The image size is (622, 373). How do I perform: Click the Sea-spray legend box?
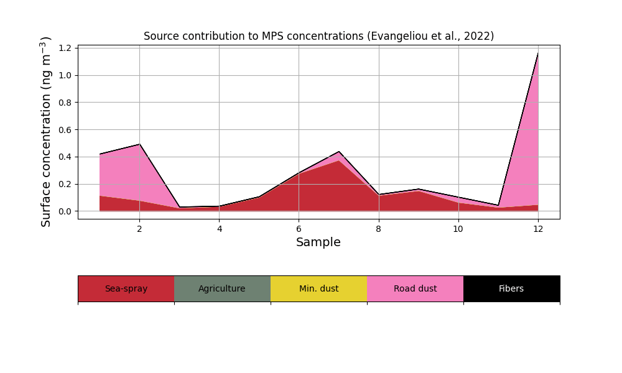pos(126,288)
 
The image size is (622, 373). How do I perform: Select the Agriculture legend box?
pos(223,288)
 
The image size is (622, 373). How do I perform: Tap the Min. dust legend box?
pos(319,288)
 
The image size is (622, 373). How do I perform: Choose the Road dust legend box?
pos(415,288)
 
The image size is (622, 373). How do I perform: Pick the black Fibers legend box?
pos(512,288)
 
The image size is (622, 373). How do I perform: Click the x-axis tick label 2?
pos(139,229)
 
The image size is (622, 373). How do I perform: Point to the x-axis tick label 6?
pos(299,229)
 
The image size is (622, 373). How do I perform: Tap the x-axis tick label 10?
pos(458,229)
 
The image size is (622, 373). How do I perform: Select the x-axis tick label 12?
pos(538,229)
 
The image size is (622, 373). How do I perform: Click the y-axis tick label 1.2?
pos(65,48)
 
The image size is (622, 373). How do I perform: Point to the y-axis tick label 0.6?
pos(65,130)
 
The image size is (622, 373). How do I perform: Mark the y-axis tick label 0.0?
pos(65,211)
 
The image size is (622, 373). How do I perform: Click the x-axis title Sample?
pos(318,242)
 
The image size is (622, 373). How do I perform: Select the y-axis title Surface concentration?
pos(46,132)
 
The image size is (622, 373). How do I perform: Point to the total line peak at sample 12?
pos(538,53)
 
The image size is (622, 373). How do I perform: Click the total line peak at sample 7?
pos(339,152)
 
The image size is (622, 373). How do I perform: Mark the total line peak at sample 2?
pos(139,144)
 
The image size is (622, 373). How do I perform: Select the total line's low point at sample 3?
pos(179,207)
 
